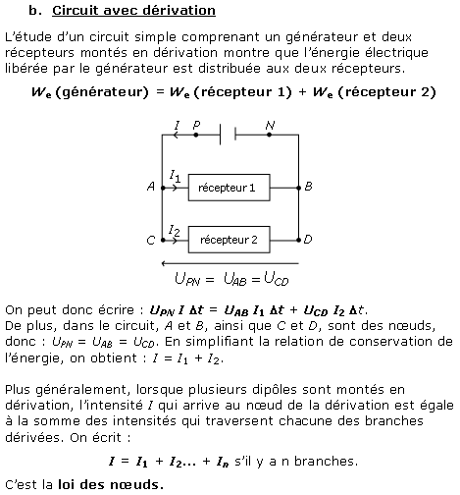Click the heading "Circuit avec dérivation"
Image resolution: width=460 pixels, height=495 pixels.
[133, 11]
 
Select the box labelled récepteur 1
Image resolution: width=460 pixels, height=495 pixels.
[230, 188]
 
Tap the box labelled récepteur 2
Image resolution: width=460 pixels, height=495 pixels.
[230, 240]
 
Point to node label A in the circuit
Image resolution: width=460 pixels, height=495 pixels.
[151, 187]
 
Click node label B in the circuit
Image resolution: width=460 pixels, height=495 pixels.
[308, 187]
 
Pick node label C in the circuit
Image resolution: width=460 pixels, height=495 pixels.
[151, 241]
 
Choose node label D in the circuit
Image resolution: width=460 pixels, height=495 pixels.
[308, 240]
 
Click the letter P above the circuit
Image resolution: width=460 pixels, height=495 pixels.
[196, 125]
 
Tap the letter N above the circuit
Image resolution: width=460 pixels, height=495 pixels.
[270, 125]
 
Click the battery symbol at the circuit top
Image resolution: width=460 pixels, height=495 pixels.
[228, 135]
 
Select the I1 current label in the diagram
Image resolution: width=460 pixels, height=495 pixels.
[175, 176]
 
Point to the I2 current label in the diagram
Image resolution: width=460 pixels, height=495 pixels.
[175, 231]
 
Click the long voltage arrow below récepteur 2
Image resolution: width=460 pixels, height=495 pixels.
[230, 263]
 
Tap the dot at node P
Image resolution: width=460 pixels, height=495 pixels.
[196, 135]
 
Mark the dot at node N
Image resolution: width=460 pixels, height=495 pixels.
[269, 135]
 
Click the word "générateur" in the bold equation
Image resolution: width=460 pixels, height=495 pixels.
[102, 92]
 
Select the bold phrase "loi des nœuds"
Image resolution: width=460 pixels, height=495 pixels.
[111, 484]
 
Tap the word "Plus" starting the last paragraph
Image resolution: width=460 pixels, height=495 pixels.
[19, 390]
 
